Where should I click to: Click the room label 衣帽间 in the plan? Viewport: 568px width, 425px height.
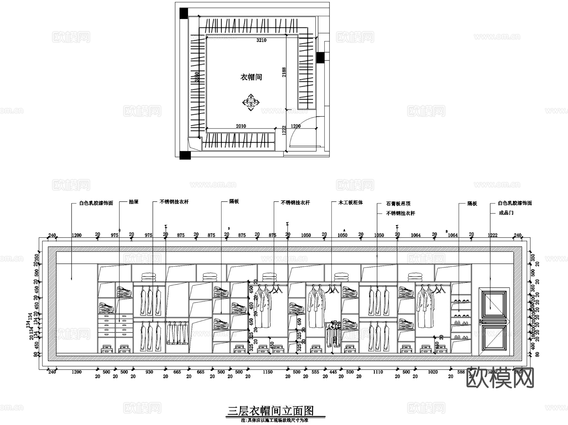click(x=251, y=77)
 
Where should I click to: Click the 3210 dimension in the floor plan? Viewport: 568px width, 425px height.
click(x=261, y=40)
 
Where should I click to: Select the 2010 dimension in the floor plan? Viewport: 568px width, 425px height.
click(x=241, y=126)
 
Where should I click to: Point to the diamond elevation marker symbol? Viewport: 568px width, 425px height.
click(x=251, y=102)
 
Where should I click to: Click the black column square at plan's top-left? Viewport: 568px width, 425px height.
click(x=183, y=13)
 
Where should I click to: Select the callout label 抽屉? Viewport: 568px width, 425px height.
click(x=134, y=202)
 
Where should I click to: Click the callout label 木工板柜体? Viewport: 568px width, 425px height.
click(x=351, y=203)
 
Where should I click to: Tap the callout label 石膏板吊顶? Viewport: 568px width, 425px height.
click(x=398, y=204)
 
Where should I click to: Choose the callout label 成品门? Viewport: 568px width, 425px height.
click(x=506, y=213)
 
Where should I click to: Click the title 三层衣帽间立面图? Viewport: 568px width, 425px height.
click(x=271, y=411)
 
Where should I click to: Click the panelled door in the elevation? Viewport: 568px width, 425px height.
click(x=494, y=322)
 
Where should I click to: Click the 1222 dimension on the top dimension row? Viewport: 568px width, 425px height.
click(x=492, y=235)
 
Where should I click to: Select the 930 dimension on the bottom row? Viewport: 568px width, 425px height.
click(x=149, y=372)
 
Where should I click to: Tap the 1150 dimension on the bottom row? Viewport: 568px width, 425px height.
click(x=267, y=372)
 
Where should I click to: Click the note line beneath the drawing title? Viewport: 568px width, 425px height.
click(x=274, y=420)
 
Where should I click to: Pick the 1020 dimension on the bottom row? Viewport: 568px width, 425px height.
click(x=433, y=372)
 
